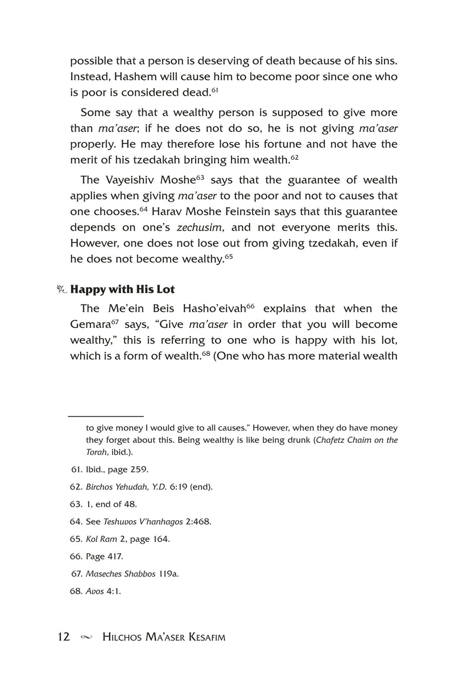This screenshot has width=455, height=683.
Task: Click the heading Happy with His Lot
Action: [122, 289]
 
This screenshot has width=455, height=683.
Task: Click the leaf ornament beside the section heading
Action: [62, 289]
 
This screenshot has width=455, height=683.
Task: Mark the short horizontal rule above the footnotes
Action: [106, 416]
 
